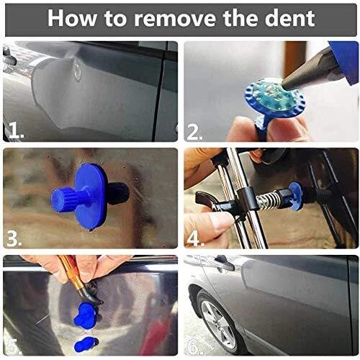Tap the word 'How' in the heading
pos(72,18)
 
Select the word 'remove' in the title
pos(175,19)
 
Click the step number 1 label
pos(16,132)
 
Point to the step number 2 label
pos(194,132)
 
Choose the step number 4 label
pos(195,239)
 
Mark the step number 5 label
pos(14,346)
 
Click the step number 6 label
pos(195,346)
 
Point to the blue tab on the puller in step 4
pos(296,196)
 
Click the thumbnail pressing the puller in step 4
pos(221,222)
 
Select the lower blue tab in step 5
pos(86,344)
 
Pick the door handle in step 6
pos(225,262)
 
